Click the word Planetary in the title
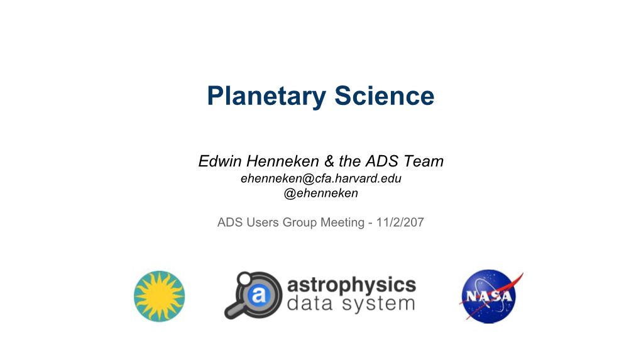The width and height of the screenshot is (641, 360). tap(266, 96)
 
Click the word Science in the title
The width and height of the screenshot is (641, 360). tap(384, 95)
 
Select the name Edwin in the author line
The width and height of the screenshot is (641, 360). tap(220, 161)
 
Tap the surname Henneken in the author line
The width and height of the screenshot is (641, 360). tap(283, 161)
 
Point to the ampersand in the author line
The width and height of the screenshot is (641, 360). tap(329, 161)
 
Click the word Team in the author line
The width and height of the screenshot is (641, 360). tap(424, 161)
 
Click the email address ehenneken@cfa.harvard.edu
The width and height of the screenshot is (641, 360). tap(321, 178)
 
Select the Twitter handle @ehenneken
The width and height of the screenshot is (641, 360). tap(321, 193)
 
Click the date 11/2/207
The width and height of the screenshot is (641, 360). tap(400, 222)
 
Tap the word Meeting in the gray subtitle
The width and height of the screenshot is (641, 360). tap(342, 222)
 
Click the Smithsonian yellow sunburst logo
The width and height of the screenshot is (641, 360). tap(160, 297)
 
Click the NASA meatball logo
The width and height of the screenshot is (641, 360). tap(490, 297)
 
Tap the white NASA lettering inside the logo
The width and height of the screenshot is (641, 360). tap(489, 295)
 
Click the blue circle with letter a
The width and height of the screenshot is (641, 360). tap(259, 294)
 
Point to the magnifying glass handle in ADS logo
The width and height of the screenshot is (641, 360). tap(234, 309)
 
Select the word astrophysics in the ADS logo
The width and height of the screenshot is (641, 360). tap(351, 285)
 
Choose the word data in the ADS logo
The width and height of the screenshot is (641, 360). tap(310, 303)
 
